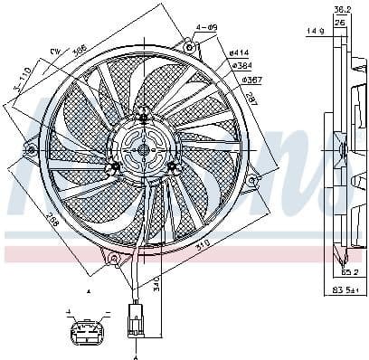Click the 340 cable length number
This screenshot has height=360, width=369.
(x=156, y=289)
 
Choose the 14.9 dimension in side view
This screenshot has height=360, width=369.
(x=316, y=31)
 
